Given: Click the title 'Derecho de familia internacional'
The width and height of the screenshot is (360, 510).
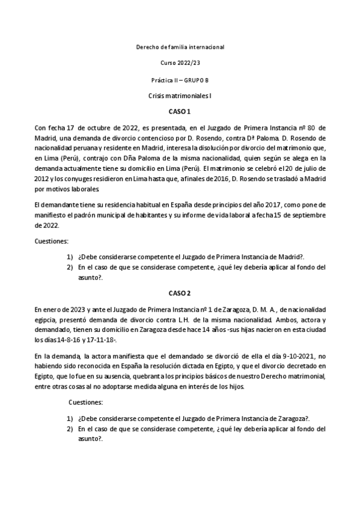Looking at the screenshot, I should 180,46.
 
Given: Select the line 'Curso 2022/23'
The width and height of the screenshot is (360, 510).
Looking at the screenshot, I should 180,63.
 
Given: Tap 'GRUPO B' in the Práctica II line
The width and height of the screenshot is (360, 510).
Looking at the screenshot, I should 195,79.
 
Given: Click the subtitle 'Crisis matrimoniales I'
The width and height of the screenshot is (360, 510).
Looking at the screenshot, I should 180,96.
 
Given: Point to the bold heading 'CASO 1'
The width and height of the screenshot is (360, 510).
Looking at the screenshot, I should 180,112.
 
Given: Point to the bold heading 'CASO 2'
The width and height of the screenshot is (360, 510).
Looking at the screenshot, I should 180,293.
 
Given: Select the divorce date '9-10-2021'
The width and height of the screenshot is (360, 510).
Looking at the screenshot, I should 289,356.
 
